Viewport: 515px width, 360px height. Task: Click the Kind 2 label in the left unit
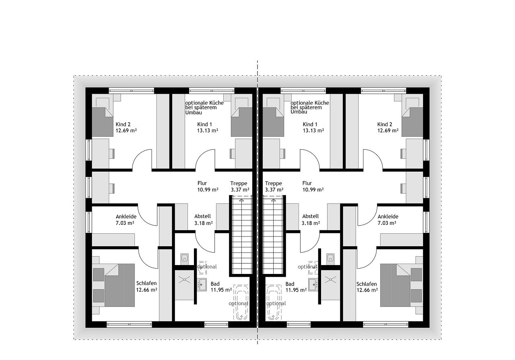pos(123,124)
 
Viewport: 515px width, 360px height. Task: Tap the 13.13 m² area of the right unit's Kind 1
pos(313,131)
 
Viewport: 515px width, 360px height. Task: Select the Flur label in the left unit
pos(202,183)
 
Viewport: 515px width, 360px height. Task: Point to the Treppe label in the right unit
pos(273,183)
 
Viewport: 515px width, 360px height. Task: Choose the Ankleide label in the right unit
pos(388,216)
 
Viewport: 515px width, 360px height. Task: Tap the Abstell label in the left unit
pos(202,216)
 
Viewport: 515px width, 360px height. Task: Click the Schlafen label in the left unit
pos(146,284)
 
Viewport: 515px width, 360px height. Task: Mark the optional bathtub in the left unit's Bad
pos(241,302)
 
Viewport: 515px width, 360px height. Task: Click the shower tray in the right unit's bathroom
pos(330,285)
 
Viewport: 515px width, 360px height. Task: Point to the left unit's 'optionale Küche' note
pos(204,107)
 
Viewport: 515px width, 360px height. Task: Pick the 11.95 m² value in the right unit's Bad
pos(296,290)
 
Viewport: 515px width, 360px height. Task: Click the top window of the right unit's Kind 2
pos(383,91)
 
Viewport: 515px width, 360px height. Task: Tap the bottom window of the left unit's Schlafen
pos(129,324)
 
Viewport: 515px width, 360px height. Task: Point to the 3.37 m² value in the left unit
pos(240,190)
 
